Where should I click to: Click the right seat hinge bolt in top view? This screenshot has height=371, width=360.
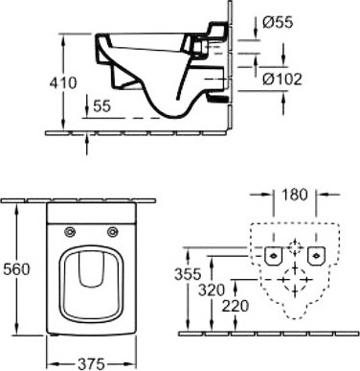tap(113, 231)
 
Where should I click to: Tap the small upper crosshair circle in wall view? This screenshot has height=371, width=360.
tap(293, 243)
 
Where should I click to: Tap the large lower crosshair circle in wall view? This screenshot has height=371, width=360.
tap(293, 278)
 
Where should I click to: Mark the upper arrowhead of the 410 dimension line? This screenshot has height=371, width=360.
tap(65, 38)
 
